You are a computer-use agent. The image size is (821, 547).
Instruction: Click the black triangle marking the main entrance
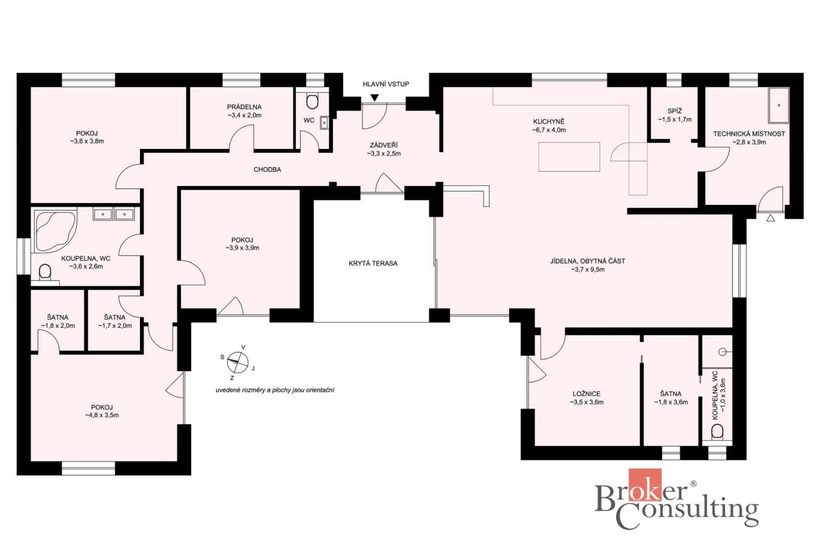coord(375,98)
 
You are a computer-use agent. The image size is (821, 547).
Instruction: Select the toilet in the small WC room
coord(313,101)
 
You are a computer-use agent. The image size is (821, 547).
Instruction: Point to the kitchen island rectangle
coord(569,157)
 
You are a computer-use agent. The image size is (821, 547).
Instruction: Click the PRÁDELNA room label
coord(244,107)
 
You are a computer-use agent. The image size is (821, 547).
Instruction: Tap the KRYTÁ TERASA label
coord(373,263)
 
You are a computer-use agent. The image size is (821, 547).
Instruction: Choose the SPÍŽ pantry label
coord(674,111)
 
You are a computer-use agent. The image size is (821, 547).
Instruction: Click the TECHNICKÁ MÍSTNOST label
coord(749,134)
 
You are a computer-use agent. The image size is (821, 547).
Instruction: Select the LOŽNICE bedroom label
coord(587,394)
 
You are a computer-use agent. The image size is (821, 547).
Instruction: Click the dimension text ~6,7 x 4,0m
coord(549,130)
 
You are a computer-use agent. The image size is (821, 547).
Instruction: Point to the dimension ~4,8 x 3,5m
coord(102,415)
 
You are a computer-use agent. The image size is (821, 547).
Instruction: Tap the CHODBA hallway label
coord(267,170)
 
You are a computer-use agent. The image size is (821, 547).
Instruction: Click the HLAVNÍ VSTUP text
coord(386,84)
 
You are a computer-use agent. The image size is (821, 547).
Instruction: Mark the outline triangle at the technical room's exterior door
coord(771,218)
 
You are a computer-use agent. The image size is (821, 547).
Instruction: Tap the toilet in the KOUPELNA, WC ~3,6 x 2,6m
coord(45,273)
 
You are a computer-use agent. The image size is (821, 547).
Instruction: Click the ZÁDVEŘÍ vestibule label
coord(384,145)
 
